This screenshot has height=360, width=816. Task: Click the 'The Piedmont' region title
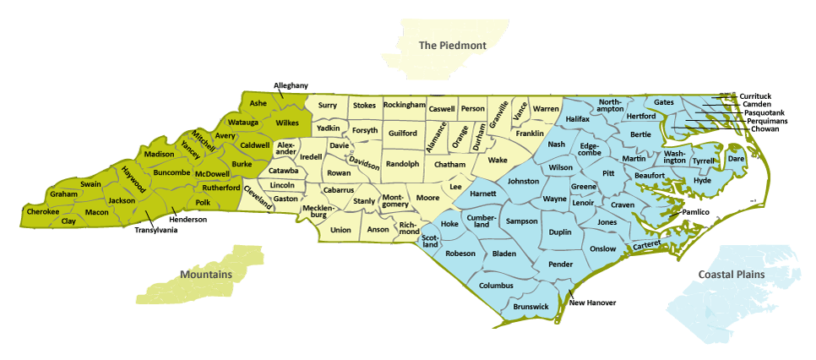(453, 46)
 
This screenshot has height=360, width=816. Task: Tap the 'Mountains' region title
(205, 275)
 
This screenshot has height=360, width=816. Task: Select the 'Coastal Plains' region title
(731, 275)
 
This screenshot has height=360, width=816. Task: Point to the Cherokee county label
(43, 211)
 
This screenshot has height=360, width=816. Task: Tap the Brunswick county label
(531, 307)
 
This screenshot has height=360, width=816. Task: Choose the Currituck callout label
(755, 96)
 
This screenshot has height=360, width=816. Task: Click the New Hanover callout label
(593, 303)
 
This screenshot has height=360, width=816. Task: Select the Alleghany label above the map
(291, 85)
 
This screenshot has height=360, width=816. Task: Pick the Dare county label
(736, 158)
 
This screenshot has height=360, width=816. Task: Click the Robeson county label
(461, 254)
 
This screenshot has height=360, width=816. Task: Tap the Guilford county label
(403, 134)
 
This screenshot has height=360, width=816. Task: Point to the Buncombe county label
(172, 172)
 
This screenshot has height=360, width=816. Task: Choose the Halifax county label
(578, 120)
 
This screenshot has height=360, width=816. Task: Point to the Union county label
(340, 230)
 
